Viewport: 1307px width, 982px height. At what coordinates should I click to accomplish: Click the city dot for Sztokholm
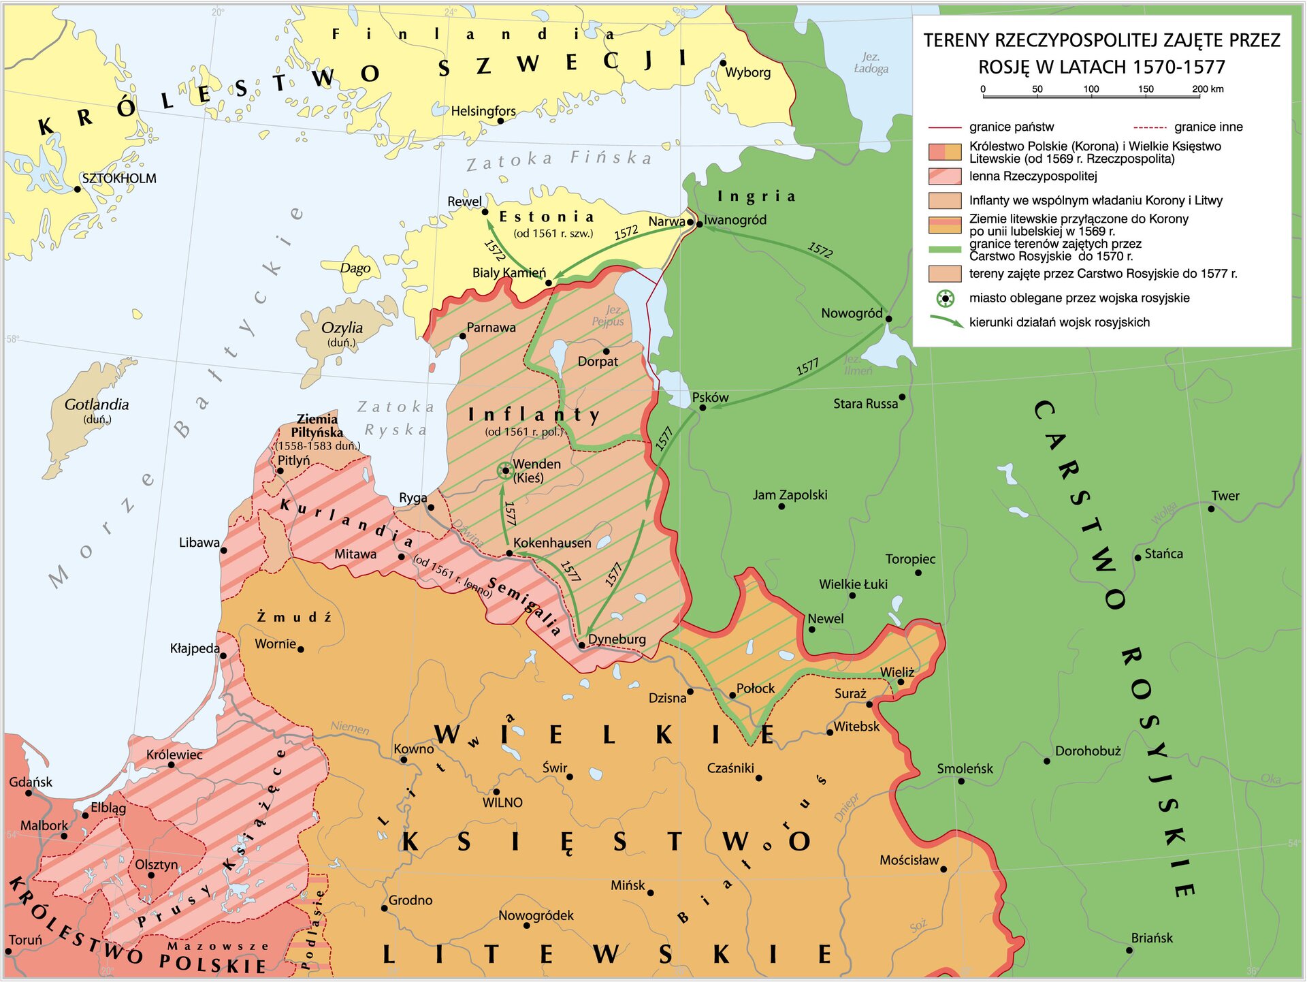point(77,189)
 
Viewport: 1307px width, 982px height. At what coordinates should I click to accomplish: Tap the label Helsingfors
point(483,111)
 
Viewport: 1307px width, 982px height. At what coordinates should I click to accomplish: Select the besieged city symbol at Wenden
point(504,470)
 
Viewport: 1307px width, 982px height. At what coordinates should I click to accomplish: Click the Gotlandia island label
point(97,405)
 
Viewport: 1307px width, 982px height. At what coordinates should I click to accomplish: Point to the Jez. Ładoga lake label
point(871,63)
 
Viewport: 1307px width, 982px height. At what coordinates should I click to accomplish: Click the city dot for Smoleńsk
point(961,781)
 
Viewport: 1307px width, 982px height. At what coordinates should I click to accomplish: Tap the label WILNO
point(502,803)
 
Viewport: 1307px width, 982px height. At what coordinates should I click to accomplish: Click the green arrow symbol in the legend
point(946,321)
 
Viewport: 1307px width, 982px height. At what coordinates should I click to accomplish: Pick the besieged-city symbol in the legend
point(946,298)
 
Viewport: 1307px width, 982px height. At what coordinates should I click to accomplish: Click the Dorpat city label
point(598,362)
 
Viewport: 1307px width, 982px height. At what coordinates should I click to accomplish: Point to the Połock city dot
point(732,695)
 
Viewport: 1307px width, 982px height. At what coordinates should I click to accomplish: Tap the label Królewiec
point(174,755)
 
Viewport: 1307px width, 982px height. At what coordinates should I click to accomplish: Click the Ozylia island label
point(342,328)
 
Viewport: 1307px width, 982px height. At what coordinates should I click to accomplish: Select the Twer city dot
point(1211,509)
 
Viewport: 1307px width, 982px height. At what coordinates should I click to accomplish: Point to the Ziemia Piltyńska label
point(317,426)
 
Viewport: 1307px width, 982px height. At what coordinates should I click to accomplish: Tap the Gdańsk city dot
point(29,793)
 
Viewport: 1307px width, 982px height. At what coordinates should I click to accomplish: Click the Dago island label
point(355,268)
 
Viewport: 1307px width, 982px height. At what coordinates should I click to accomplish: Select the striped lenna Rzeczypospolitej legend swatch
point(946,176)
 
